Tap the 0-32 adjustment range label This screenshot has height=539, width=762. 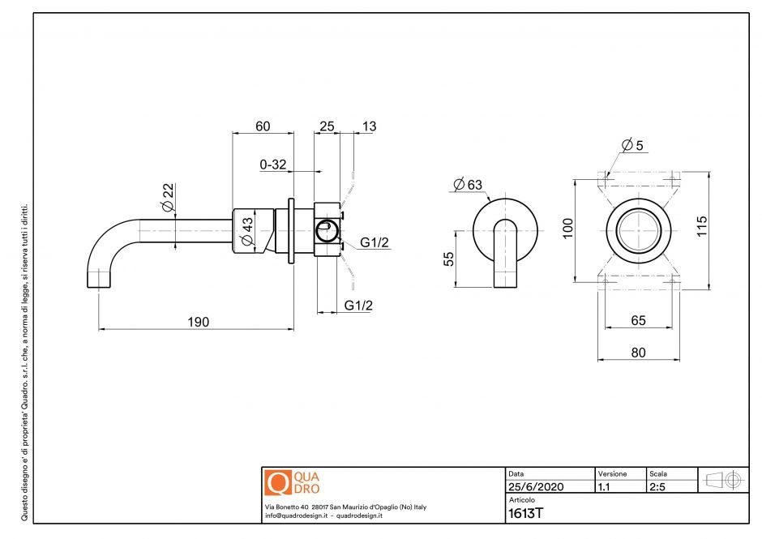pyautogui.click(x=273, y=165)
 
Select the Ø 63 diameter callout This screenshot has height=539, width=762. pyautogui.click(x=468, y=185)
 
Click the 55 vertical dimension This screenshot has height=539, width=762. pyautogui.click(x=448, y=258)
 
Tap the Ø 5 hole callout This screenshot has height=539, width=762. pyautogui.click(x=632, y=145)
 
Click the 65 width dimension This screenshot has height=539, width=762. pyautogui.click(x=638, y=320)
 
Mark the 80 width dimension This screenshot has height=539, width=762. pyautogui.click(x=638, y=352)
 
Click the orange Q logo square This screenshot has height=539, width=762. pyautogui.click(x=277, y=483)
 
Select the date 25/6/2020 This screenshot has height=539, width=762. pyautogui.click(x=535, y=487)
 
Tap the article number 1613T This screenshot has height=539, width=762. pyautogui.click(x=525, y=512)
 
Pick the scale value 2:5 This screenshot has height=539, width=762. pyautogui.click(x=657, y=487)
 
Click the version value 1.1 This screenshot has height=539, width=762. pyautogui.click(x=604, y=487)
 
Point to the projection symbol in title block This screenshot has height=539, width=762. pyautogui.click(x=722, y=479)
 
